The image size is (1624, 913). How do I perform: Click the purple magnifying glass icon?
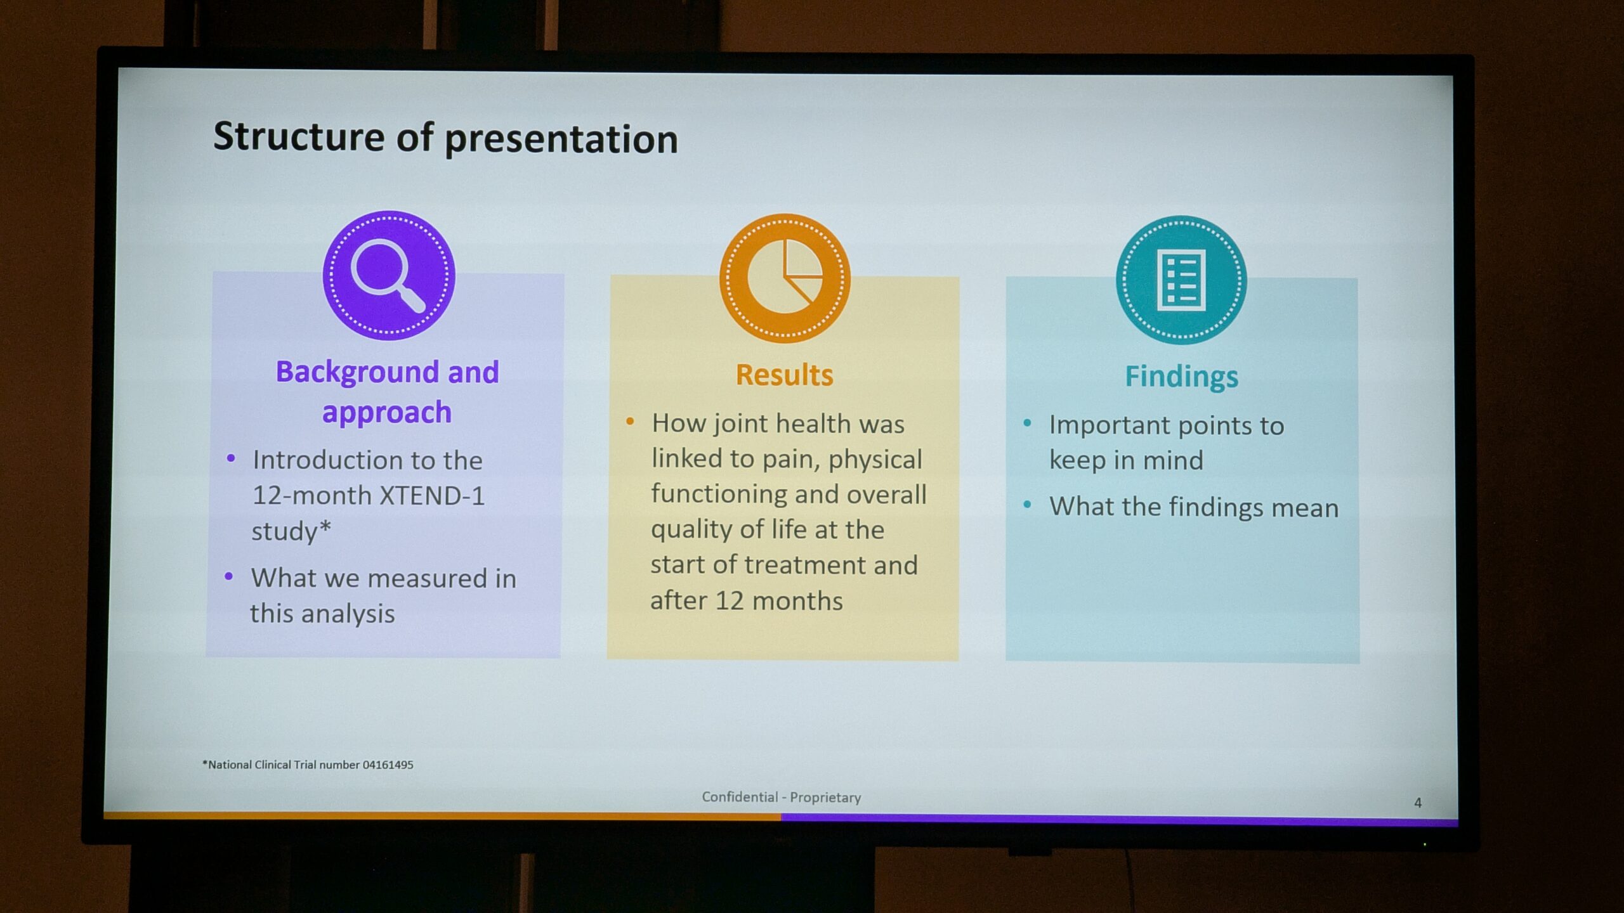tap(389, 275)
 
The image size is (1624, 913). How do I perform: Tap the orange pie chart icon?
tap(785, 278)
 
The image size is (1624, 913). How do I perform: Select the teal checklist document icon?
tap(1181, 280)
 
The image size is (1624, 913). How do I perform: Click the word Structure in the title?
tap(299, 136)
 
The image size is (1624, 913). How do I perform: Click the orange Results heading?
tap(785, 375)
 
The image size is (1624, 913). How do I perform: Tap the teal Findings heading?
tap(1181, 377)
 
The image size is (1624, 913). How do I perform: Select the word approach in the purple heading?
tap(387, 413)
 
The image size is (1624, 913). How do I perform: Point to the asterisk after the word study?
tap(324, 527)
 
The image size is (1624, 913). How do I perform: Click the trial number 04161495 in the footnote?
tap(388, 765)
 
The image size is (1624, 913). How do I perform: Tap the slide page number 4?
tap(1418, 803)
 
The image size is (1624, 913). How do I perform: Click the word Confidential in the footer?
tap(740, 797)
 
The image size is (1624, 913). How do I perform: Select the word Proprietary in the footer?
tap(825, 798)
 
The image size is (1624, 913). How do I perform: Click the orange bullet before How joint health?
tap(630, 422)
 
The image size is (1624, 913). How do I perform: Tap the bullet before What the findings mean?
tap(1027, 505)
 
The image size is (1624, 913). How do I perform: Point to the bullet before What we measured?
tap(229, 576)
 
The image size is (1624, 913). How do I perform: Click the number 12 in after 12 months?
tap(730, 600)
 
